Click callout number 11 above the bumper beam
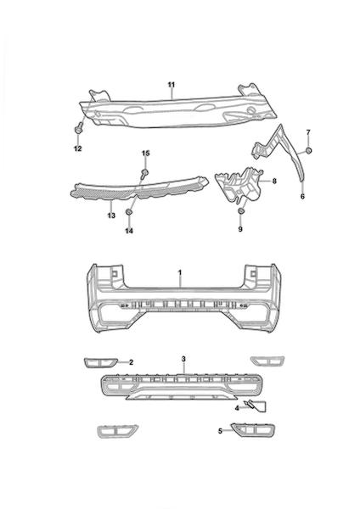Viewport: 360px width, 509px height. (x=172, y=85)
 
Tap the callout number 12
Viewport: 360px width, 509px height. (x=77, y=148)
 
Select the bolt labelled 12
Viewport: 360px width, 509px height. (x=78, y=129)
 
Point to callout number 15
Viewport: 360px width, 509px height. (x=146, y=154)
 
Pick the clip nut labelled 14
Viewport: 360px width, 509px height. (x=129, y=212)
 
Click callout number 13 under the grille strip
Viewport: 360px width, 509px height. (x=111, y=215)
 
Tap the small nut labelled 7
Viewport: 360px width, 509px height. (x=308, y=150)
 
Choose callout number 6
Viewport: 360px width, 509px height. (x=302, y=197)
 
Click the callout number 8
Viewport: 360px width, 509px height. (x=274, y=181)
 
